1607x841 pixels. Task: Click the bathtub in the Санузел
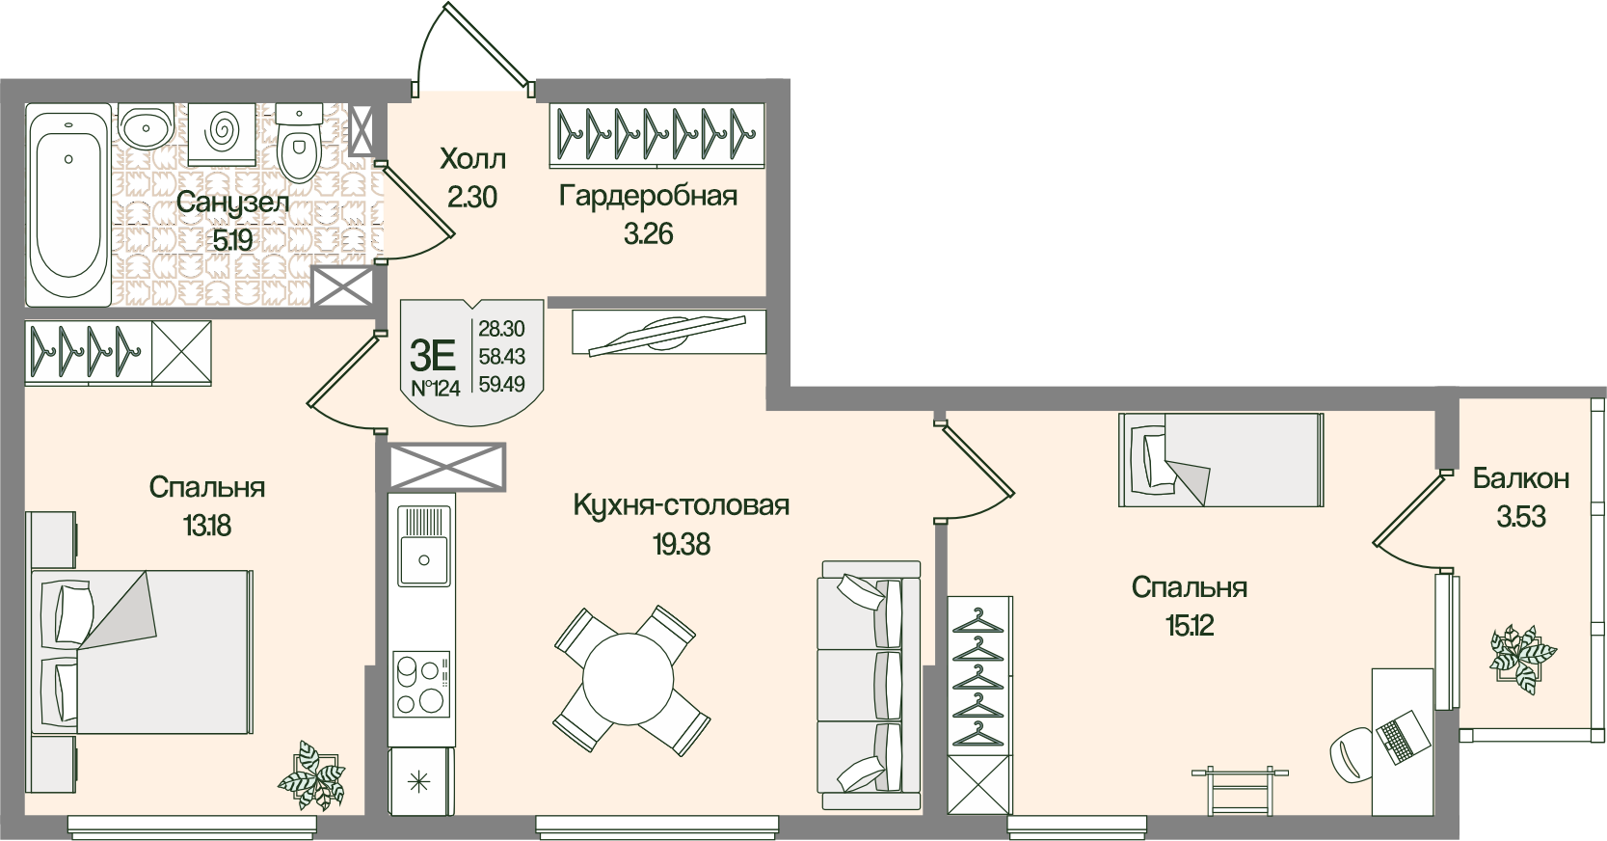click(67, 207)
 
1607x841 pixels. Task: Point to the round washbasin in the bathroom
click(147, 126)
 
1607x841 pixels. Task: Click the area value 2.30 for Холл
click(471, 197)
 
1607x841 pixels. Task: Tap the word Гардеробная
click(648, 197)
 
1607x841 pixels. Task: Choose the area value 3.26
click(648, 234)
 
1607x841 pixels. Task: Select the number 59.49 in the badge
click(501, 383)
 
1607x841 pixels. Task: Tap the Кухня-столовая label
click(681, 505)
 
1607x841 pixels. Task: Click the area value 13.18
click(207, 527)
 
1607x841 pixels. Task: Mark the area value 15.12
click(1189, 626)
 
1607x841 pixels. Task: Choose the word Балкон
click(1520, 478)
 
